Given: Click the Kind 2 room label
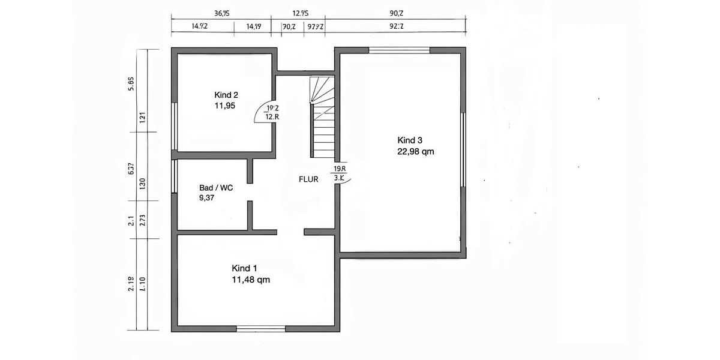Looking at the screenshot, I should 226,95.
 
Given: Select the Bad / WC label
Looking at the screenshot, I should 216,188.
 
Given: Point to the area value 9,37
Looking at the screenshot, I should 208,198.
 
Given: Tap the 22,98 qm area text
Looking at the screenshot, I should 415,152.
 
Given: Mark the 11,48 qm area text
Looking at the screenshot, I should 251,279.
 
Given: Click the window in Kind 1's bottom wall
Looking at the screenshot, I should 260,328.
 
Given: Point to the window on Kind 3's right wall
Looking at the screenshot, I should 463,150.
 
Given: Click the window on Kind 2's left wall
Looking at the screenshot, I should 174,126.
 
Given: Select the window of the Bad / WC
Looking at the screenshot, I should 174,176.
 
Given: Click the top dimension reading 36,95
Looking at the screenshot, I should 223,13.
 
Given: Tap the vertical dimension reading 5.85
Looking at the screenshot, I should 131,84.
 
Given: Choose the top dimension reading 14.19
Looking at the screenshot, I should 254,26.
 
